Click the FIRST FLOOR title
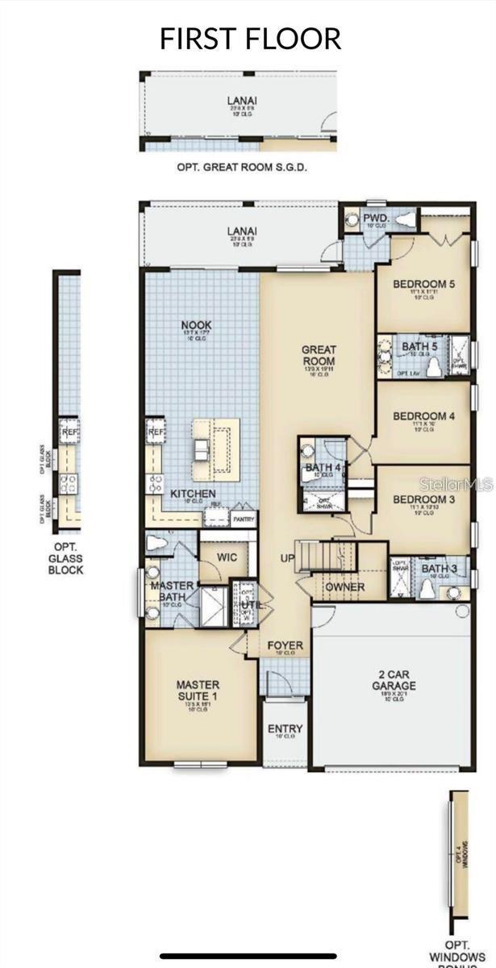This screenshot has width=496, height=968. point(250,38)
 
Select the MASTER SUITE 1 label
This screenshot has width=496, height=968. point(198,691)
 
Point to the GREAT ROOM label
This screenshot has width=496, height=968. point(318,356)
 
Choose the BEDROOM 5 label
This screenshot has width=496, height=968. point(423,284)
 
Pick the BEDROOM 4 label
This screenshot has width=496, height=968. point(423,416)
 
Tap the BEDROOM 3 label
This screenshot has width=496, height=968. point(423,499)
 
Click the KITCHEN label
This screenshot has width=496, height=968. point(192,493)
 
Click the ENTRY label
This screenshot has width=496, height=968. point(285,729)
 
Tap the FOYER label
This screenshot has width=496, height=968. point(286,645)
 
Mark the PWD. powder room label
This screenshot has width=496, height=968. point(375,218)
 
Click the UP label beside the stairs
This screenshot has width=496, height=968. point(287,558)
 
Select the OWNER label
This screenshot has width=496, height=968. point(344,587)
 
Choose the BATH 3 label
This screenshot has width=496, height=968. point(440,569)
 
